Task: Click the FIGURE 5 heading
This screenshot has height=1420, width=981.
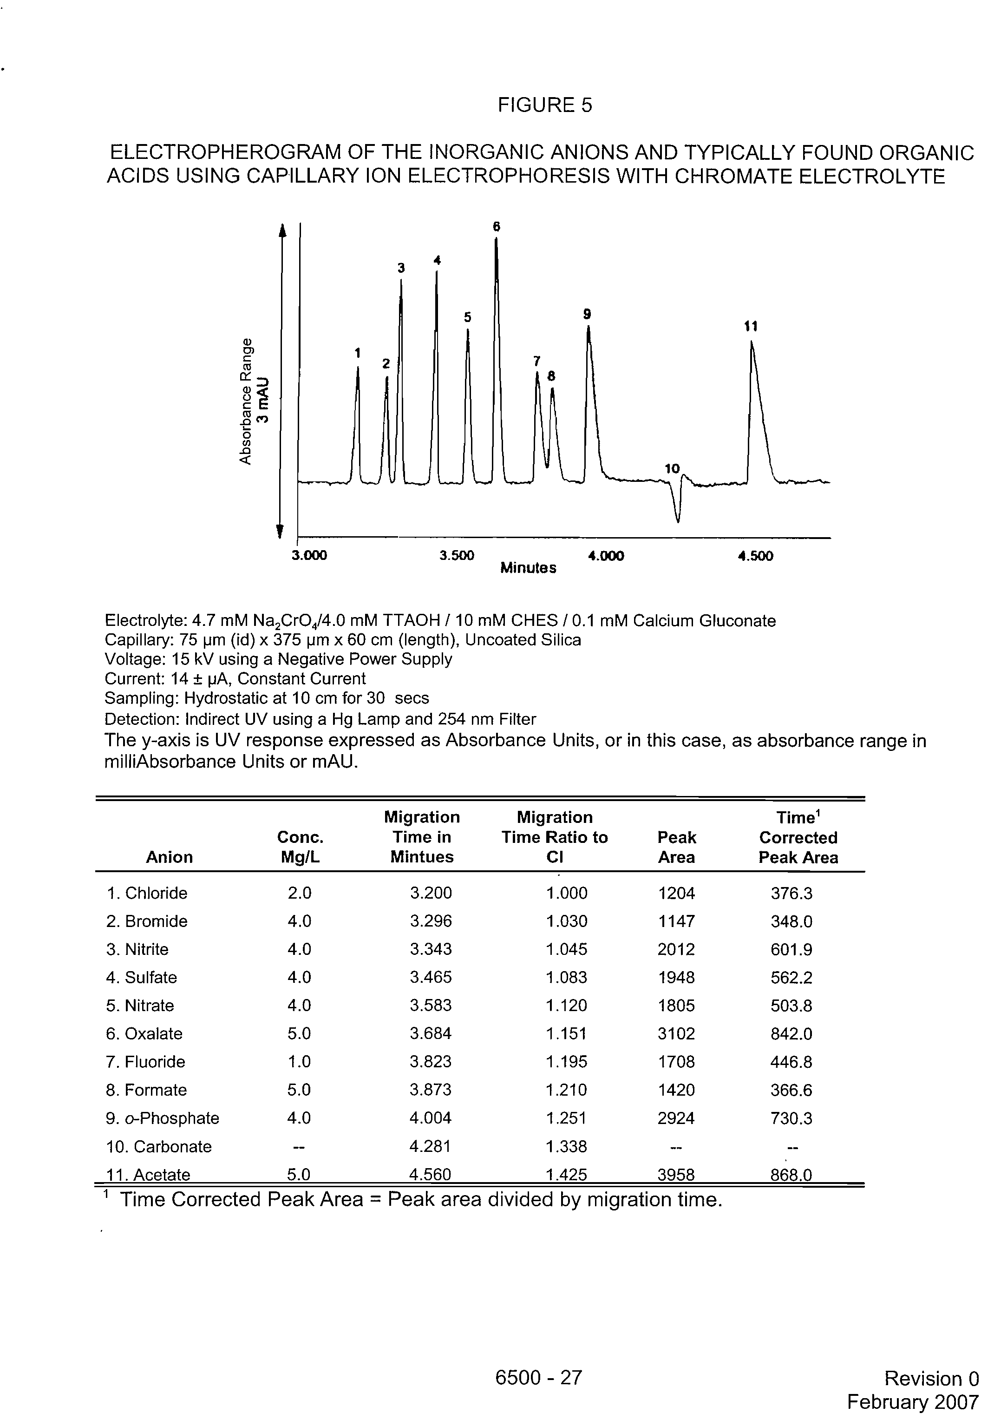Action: point(544,106)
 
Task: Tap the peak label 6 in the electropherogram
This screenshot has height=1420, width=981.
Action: point(497,227)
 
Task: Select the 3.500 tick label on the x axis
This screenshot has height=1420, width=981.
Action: point(457,556)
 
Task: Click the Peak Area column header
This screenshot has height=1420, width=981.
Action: point(676,847)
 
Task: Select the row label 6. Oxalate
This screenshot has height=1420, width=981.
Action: point(144,1033)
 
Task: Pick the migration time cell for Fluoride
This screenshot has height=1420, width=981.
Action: point(430,1062)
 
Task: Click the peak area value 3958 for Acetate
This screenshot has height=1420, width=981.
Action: point(676,1175)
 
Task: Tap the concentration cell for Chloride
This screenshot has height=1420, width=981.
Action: point(299,893)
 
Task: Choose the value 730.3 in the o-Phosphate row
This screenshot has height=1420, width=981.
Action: point(791,1118)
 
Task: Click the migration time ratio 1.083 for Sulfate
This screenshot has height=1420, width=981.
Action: point(567,977)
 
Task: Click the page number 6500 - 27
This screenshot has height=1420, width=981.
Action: point(538,1378)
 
